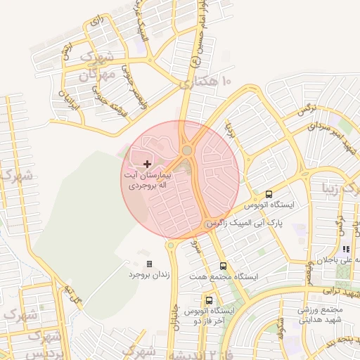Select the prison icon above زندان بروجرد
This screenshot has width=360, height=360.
click(x=149, y=264)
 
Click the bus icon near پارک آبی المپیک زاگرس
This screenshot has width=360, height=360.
click(x=269, y=194)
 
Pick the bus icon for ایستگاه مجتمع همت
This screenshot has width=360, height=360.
click(x=223, y=266)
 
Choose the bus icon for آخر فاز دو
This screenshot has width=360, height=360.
click(x=209, y=300)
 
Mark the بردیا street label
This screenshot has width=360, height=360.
click(x=229, y=130)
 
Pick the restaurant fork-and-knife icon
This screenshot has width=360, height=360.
click(x=345, y=249)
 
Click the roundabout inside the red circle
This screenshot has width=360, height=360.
click(x=187, y=150)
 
